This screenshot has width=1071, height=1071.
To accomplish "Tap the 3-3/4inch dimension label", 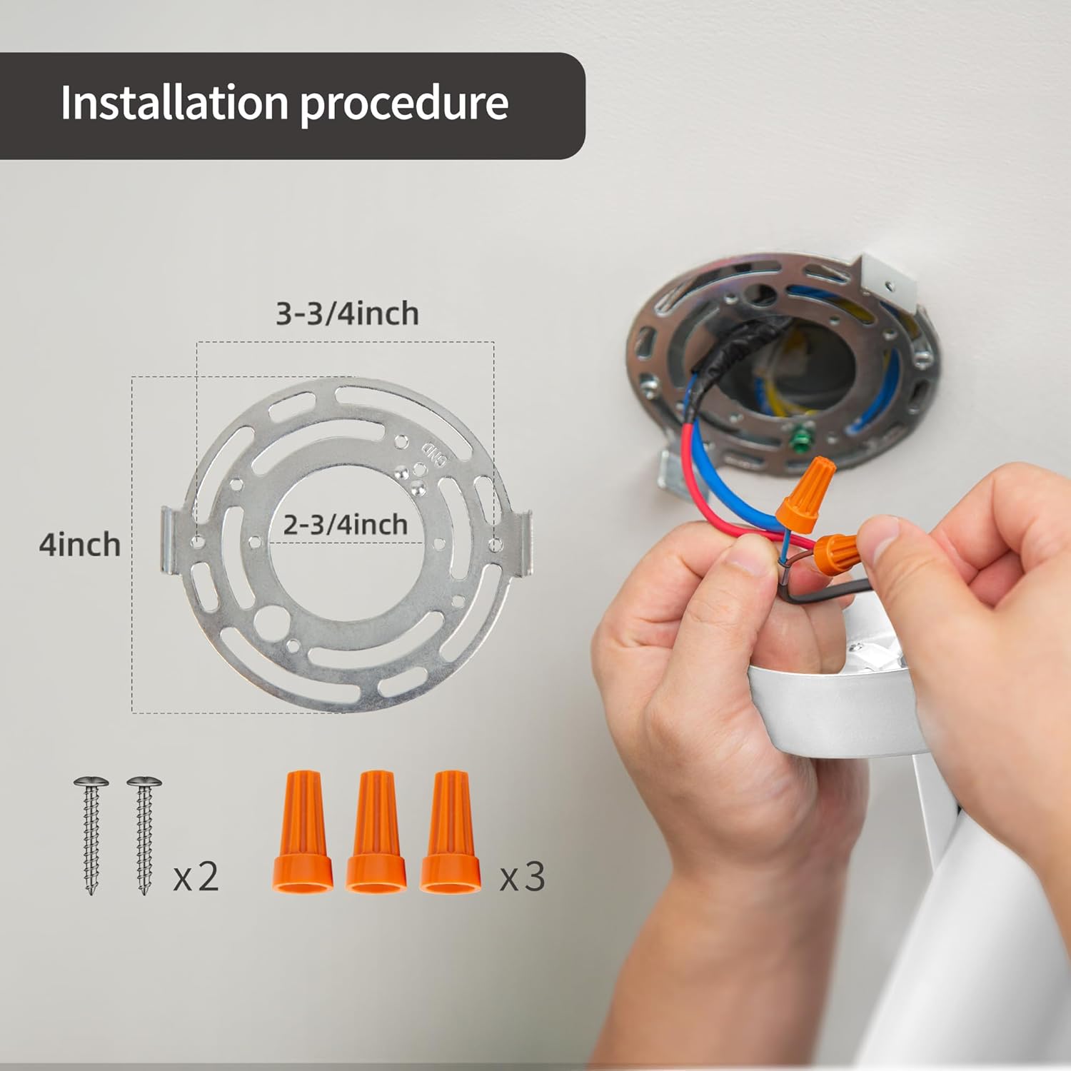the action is [347, 314].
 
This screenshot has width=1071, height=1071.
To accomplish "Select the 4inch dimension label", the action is [80, 545].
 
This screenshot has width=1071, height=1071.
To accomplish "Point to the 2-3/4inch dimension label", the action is [346, 525].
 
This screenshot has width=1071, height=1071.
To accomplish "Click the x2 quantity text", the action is [196, 877].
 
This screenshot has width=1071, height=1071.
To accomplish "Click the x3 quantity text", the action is [522, 877].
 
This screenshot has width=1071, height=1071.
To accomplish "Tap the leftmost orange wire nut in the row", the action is [302, 831].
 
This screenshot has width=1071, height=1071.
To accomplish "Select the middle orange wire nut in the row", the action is [376, 831].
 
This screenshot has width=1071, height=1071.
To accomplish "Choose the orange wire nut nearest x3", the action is [450, 831].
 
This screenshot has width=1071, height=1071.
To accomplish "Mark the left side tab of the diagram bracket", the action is [169, 539].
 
